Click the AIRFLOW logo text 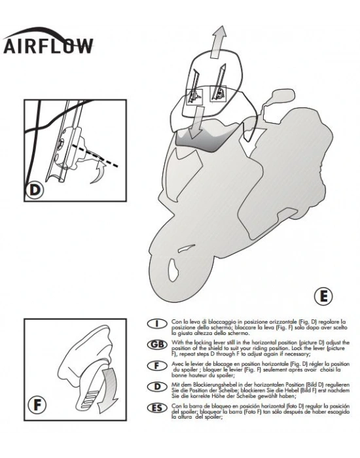[x=48, y=45]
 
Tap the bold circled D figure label [x=34, y=191]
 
